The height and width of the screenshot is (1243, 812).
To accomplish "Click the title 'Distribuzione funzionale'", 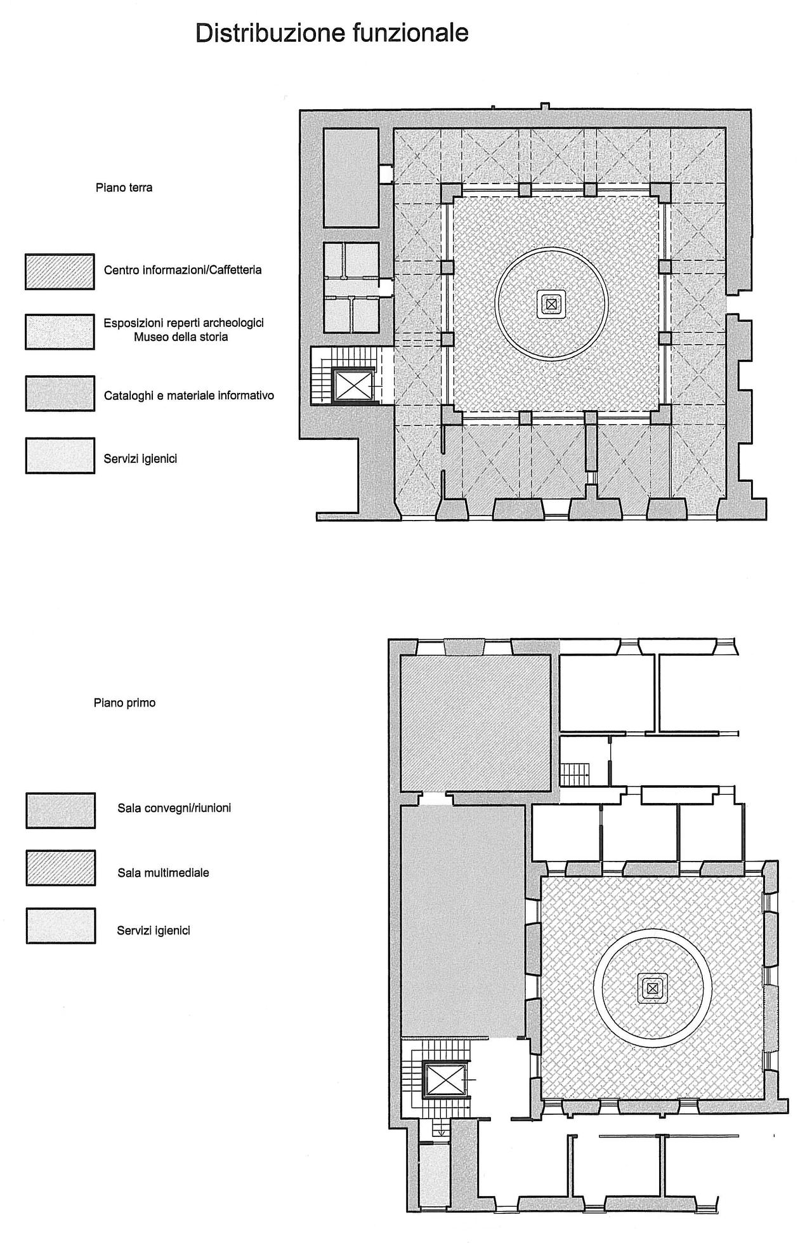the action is click(x=332, y=33).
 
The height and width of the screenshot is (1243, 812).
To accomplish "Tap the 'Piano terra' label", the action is click(x=124, y=188).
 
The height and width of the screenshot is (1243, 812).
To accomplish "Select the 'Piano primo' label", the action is click(x=124, y=703).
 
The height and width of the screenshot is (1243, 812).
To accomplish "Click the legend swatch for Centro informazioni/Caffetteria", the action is click(x=60, y=272).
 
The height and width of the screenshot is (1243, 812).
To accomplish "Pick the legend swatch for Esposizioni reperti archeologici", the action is click(x=60, y=331).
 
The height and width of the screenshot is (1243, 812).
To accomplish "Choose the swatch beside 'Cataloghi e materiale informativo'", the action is click(x=60, y=393).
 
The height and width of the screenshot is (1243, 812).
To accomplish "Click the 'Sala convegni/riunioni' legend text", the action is click(x=174, y=809).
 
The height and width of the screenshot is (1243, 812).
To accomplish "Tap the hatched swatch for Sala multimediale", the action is click(x=60, y=868).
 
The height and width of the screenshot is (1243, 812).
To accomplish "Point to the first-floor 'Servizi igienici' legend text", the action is click(x=154, y=931).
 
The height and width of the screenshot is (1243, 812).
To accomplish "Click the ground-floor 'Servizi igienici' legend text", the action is click(x=140, y=458).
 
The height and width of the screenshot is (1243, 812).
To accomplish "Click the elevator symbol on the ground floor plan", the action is click(x=353, y=385).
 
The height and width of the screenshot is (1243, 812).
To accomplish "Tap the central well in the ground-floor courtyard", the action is click(x=551, y=303).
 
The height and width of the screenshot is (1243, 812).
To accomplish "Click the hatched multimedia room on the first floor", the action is click(x=475, y=723).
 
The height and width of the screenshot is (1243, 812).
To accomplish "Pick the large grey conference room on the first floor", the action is click(x=462, y=921).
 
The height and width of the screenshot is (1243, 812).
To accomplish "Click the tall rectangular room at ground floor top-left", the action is click(x=351, y=178).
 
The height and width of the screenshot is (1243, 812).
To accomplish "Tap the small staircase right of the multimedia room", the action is click(x=575, y=774).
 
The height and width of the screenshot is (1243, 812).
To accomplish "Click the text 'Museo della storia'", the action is click(x=181, y=337).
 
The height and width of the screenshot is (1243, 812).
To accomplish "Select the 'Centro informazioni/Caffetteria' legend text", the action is click(x=183, y=270).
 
